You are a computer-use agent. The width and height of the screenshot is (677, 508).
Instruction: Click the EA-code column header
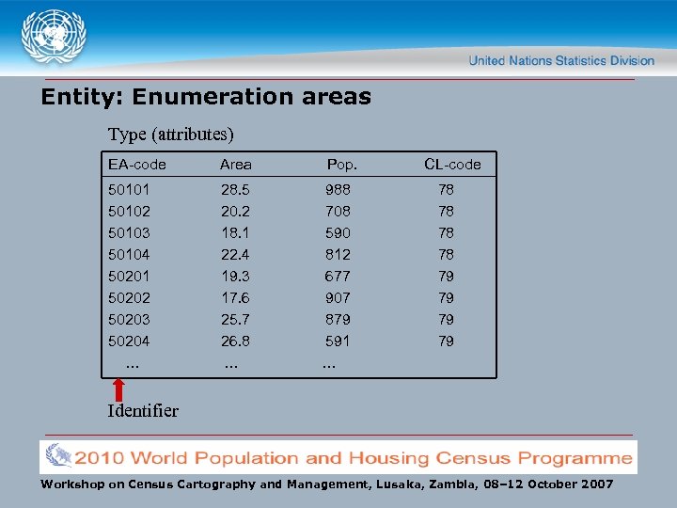click(x=136, y=165)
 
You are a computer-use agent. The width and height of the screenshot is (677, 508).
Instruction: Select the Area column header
click(x=235, y=165)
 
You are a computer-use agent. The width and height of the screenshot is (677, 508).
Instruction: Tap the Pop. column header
click(x=341, y=165)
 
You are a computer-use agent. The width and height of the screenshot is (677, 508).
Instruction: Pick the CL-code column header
click(x=452, y=165)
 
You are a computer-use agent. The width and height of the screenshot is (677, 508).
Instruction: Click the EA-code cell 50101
click(x=129, y=190)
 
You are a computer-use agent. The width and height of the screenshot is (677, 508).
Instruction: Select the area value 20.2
click(x=234, y=212)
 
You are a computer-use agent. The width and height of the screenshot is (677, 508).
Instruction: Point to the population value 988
click(x=338, y=190)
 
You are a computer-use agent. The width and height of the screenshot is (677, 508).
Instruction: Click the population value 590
click(x=338, y=233)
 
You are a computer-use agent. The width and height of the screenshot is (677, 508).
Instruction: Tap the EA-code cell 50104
click(x=129, y=255)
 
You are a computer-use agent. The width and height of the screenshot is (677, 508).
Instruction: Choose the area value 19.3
click(x=234, y=277)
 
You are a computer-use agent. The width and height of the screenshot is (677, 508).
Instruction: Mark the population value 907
click(x=338, y=298)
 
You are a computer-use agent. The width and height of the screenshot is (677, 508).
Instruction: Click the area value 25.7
click(x=234, y=320)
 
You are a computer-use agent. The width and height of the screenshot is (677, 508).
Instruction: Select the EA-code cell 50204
click(x=129, y=341)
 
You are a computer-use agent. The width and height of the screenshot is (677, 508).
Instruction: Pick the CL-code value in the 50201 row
click(x=446, y=277)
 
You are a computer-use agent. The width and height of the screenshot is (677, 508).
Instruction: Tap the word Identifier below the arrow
click(x=143, y=411)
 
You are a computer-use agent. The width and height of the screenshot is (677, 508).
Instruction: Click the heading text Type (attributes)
click(x=170, y=135)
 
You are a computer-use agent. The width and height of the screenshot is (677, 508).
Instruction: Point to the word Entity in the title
click(x=80, y=97)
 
